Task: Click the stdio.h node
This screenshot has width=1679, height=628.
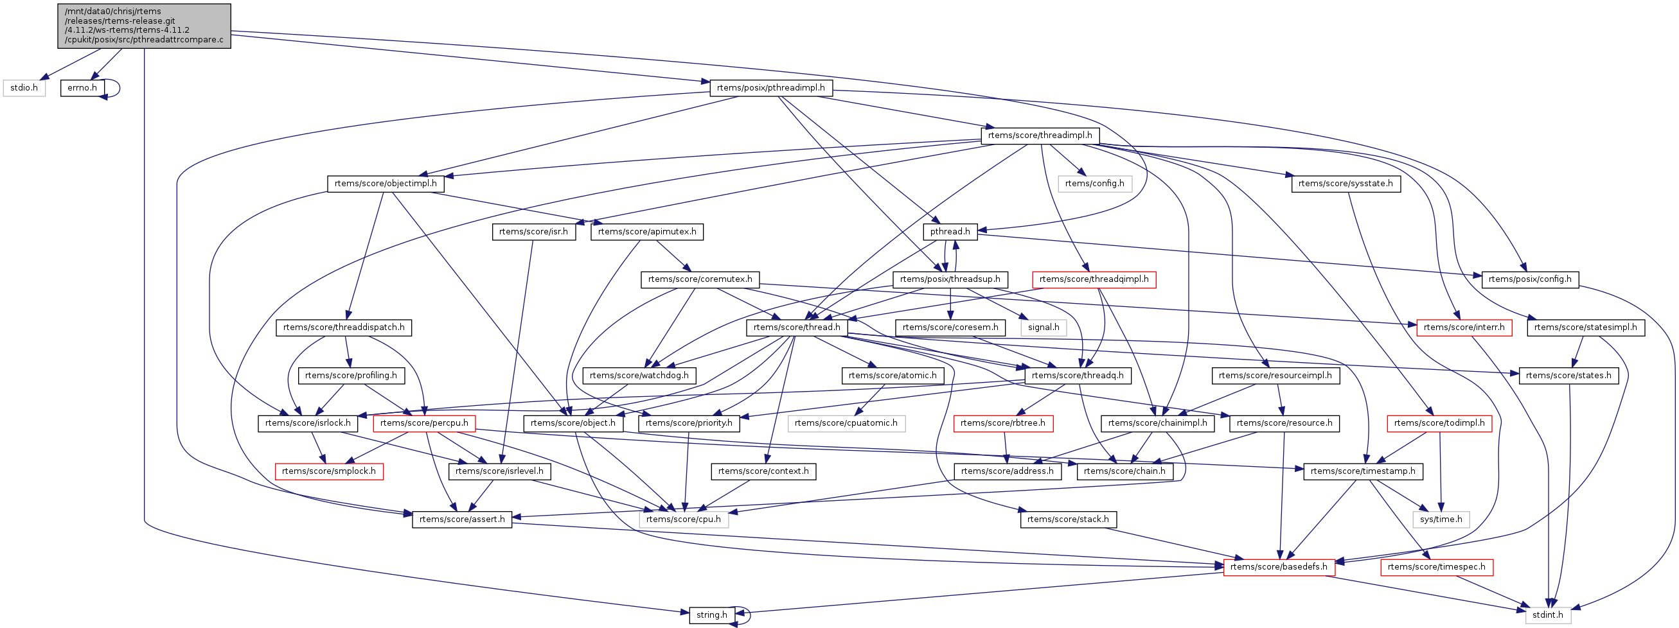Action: click(x=24, y=88)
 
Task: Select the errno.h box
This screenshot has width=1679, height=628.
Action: click(x=82, y=88)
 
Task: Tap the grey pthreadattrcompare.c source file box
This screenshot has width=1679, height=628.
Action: click(x=144, y=26)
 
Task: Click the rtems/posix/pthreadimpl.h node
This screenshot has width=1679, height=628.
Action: click(x=770, y=88)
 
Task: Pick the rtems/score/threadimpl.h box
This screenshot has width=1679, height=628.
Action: click(x=1040, y=135)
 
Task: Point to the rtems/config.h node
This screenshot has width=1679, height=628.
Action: click(x=1094, y=184)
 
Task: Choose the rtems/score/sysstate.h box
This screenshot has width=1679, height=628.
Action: click(x=1346, y=184)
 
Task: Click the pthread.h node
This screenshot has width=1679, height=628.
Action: click(x=950, y=232)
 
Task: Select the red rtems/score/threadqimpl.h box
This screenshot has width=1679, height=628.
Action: click(x=1094, y=279)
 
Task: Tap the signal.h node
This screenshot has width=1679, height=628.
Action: click(x=1044, y=327)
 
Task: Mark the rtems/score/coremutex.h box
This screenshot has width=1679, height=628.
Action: click(x=700, y=279)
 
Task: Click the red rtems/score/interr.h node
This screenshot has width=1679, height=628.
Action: click(x=1464, y=327)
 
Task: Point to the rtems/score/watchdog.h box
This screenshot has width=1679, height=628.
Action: click(x=639, y=376)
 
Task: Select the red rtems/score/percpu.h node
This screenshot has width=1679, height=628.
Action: click(x=423, y=423)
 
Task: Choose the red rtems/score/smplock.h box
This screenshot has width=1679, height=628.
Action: click(x=328, y=472)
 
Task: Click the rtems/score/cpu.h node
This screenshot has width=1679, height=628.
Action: click(x=683, y=520)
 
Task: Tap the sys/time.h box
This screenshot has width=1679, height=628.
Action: click(x=1441, y=520)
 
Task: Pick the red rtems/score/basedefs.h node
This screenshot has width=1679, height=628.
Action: click(x=1279, y=568)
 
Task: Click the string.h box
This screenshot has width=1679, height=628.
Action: click(x=712, y=615)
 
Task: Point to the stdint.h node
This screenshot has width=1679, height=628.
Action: click(x=1547, y=615)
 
